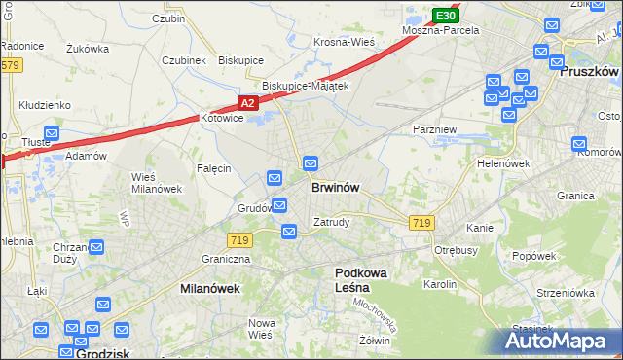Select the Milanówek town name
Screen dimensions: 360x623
pyautogui.click(x=210, y=289)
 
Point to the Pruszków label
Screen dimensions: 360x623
pyautogui.click(x=590, y=71)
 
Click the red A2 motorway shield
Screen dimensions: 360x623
pyautogui.click(x=248, y=102)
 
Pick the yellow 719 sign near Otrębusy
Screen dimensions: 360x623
pyautogui.click(x=421, y=223)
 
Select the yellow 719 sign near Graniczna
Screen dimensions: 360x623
pyautogui.click(x=238, y=239)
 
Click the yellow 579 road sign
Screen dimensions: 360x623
pyautogui.click(x=10, y=65)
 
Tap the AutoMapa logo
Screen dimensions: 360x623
pyautogui.click(x=561, y=342)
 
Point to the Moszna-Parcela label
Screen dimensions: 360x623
pyautogui.click(x=442, y=30)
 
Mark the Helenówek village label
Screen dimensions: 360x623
pyautogui.click(x=502, y=163)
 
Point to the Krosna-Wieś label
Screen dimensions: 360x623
pyautogui.click(x=344, y=42)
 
